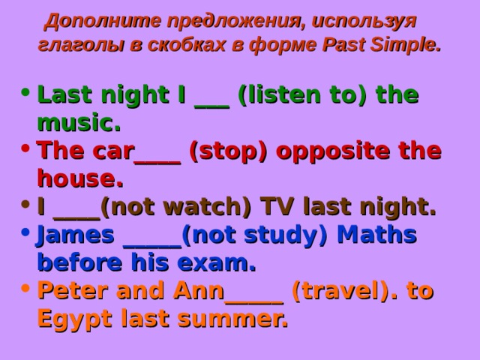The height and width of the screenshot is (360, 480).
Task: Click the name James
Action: (76, 235)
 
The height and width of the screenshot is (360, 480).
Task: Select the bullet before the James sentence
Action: (28, 234)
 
